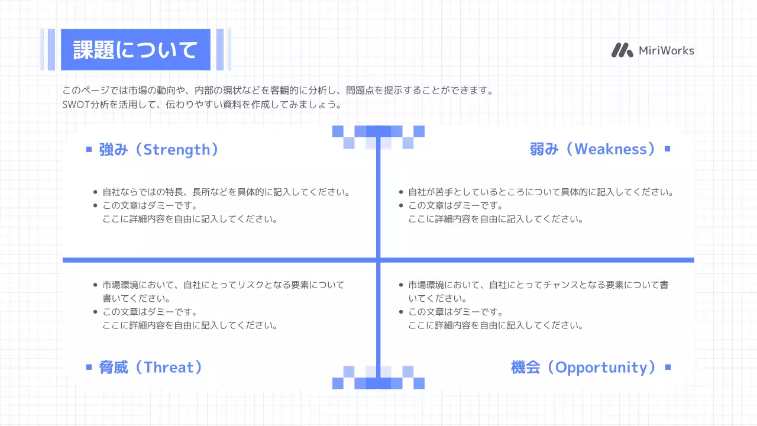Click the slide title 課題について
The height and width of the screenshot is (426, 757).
click(x=135, y=50)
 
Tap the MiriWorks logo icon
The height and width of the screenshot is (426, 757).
click(x=622, y=50)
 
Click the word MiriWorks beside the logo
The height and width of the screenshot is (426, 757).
click(x=667, y=51)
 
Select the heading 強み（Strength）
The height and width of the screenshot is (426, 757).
click(x=159, y=149)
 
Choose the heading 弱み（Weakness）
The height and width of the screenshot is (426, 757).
click(x=593, y=149)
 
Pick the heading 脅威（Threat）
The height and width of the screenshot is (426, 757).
click(x=151, y=367)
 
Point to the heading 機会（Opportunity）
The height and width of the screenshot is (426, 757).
click(x=584, y=367)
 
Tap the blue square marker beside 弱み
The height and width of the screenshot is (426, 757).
click(x=668, y=149)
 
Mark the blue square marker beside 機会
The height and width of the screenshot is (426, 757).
click(x=668, y=367)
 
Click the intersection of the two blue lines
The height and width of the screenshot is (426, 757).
click(x=377, y=260)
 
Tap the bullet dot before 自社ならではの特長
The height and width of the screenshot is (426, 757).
click(x=95, y=192)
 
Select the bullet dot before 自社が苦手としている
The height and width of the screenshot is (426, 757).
click(x=400, y=192)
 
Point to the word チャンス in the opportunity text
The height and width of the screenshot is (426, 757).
click(x=561, y=285)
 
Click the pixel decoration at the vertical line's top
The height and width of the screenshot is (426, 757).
click(x=378, y=137)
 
